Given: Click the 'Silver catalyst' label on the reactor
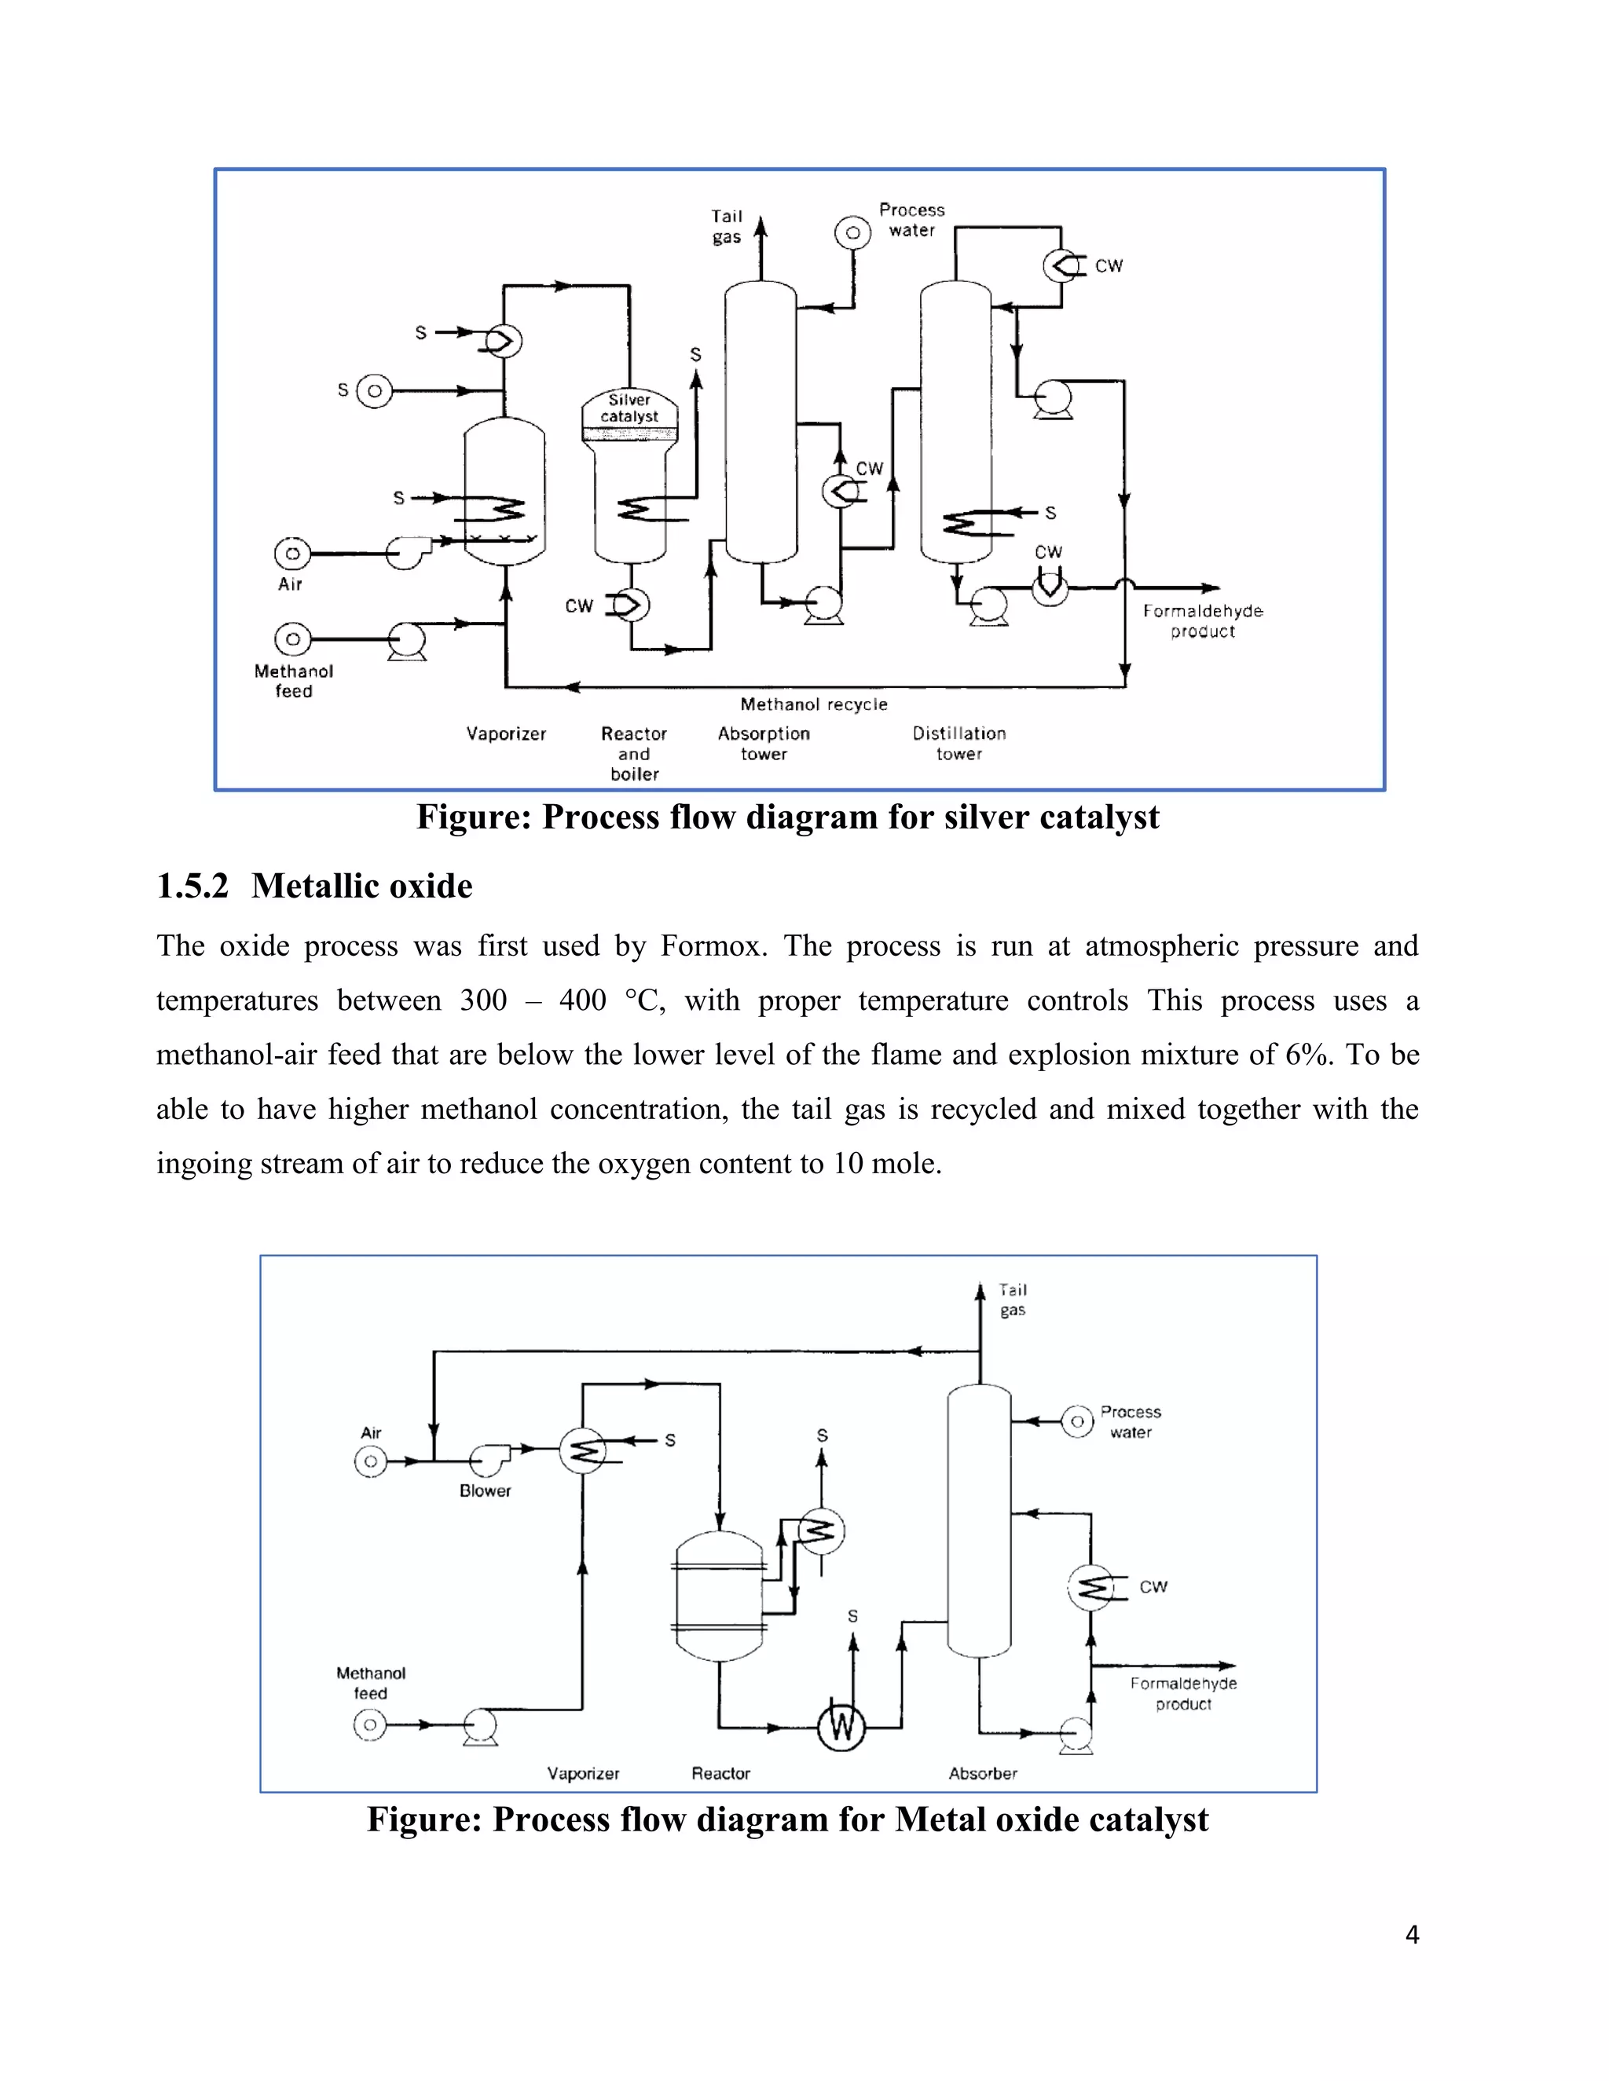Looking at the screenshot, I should [629, 408].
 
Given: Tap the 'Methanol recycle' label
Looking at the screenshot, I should [813, 704].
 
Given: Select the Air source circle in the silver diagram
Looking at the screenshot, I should [292, 554].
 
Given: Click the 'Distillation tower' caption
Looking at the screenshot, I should [959, 743].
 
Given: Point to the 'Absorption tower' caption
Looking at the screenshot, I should [764, 743].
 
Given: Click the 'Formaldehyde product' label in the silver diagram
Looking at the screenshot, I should [1202, 621].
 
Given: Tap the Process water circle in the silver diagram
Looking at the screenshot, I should [852, 232].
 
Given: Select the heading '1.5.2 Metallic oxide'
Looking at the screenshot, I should [314, 886].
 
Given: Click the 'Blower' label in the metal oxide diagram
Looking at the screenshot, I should [486, 1490].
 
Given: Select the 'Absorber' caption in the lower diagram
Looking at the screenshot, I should [983, 1773].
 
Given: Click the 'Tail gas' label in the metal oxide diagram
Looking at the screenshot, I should [1012, 1300].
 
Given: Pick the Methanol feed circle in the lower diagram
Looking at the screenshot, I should [370, 1724].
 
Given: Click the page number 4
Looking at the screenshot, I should [1412, 1935].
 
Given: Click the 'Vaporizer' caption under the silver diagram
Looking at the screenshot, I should [506, 733].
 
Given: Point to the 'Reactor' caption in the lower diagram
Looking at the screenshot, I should [720, 1773].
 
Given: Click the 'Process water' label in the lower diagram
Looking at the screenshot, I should [1131, 1421].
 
